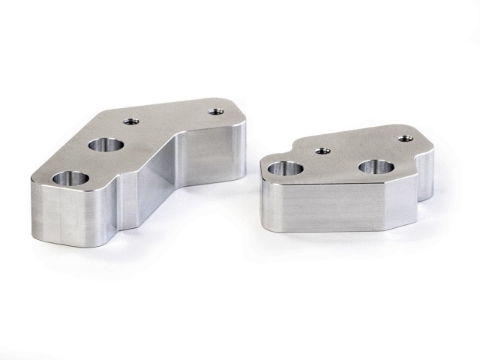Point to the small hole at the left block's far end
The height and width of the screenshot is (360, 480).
(217, 112)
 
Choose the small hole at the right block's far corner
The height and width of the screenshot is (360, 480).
(404, 139)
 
